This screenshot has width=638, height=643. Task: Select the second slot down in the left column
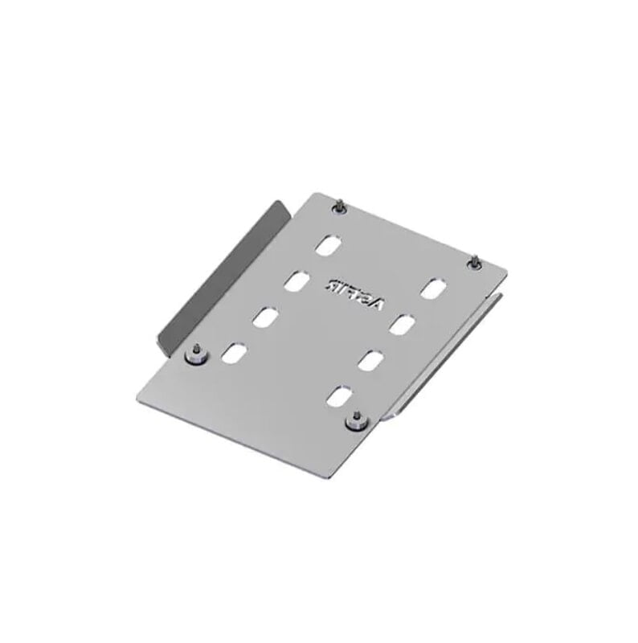click(x=297, y=282)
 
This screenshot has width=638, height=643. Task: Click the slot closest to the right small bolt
click(x=436, y=289)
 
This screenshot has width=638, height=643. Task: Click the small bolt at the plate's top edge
click(x=341, y=207)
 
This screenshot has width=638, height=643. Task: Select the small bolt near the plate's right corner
click(x=475, y=261)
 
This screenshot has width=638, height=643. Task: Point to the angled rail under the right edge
click(x=450, y=354)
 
